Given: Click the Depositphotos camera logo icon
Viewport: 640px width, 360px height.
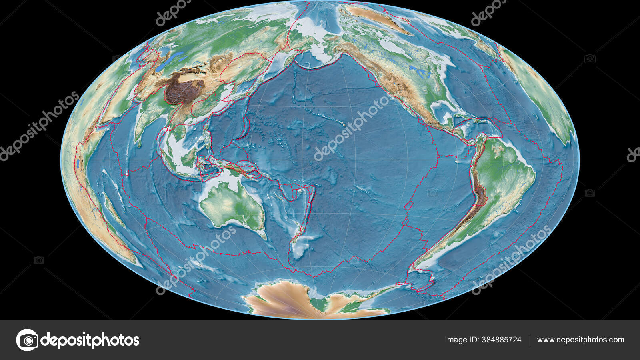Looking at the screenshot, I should [x=27, y=340].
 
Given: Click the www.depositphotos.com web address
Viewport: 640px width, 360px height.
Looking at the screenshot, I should [x=580, y=340].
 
